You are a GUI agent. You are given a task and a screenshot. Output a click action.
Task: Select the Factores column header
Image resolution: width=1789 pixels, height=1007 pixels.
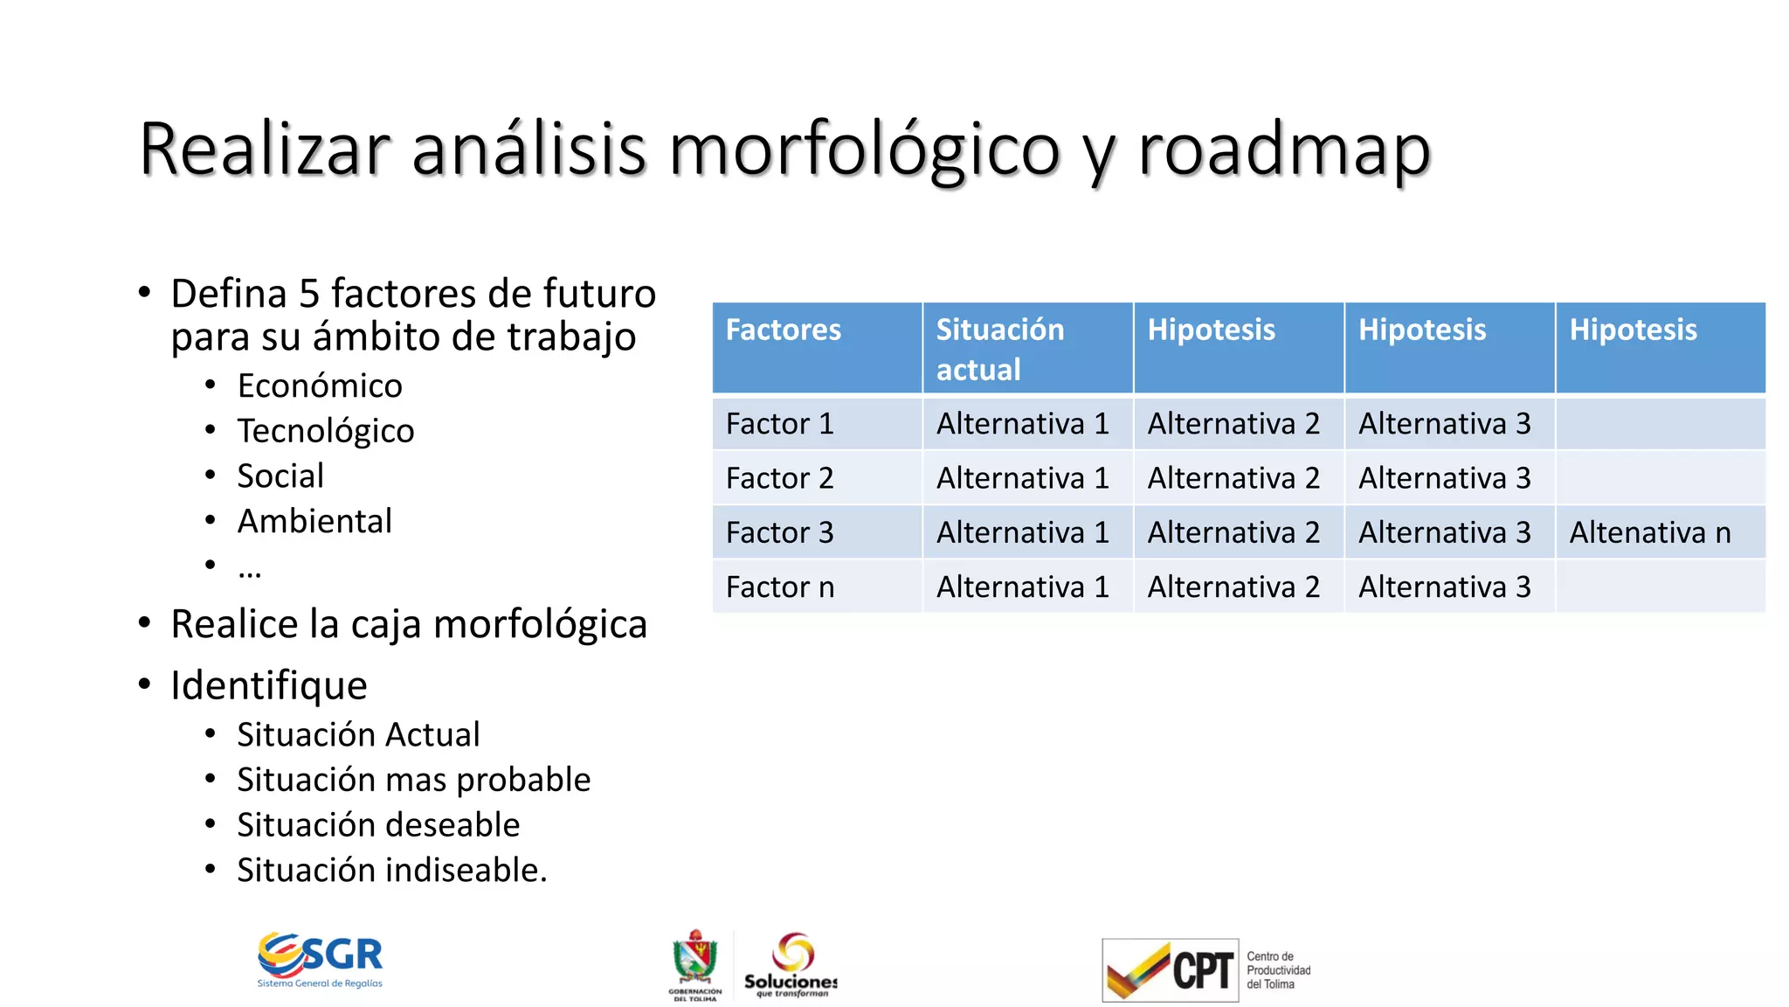[x=784, y=330]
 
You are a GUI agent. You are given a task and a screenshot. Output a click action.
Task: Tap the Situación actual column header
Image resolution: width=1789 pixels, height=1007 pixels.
[x=1000, y=349]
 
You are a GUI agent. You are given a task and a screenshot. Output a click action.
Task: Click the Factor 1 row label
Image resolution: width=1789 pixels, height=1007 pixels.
[x=779, y=424]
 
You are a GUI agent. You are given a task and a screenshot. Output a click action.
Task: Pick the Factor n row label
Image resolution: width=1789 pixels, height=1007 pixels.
[x=779, y=587]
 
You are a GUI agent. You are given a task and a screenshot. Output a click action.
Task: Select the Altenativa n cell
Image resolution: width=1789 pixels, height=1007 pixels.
[x=1649, y=532]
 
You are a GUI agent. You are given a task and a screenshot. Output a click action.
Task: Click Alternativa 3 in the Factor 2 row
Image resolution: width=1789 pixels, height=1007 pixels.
[x=1444, y=478]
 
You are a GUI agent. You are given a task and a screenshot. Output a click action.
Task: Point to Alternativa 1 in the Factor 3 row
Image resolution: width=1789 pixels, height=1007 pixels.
[x=1022, y=532]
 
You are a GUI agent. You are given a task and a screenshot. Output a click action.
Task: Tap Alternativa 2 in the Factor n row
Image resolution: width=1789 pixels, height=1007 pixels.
[x=1233, y=587]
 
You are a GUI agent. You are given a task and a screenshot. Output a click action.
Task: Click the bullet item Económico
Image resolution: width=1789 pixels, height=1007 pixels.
[x=320, y=385]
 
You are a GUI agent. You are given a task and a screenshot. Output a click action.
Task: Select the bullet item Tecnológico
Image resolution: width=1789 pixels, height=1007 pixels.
[x=326, y=431]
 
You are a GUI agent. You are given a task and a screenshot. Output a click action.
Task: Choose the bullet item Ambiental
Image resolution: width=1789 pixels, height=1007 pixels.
[x=314, y=521]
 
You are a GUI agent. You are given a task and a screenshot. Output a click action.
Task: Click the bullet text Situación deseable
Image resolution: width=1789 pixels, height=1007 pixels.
[x=378, y=824]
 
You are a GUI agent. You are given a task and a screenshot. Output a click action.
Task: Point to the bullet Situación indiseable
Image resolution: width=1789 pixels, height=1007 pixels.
[x=391, y=870]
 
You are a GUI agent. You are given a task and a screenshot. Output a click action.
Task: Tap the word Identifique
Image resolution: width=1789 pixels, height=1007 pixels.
[x=269, y=684]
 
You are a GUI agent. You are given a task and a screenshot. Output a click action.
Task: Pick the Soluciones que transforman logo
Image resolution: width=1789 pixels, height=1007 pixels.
[x=791, y=964]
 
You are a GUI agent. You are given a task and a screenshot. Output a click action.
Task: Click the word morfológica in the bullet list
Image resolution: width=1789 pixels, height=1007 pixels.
[x=540, y=624]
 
